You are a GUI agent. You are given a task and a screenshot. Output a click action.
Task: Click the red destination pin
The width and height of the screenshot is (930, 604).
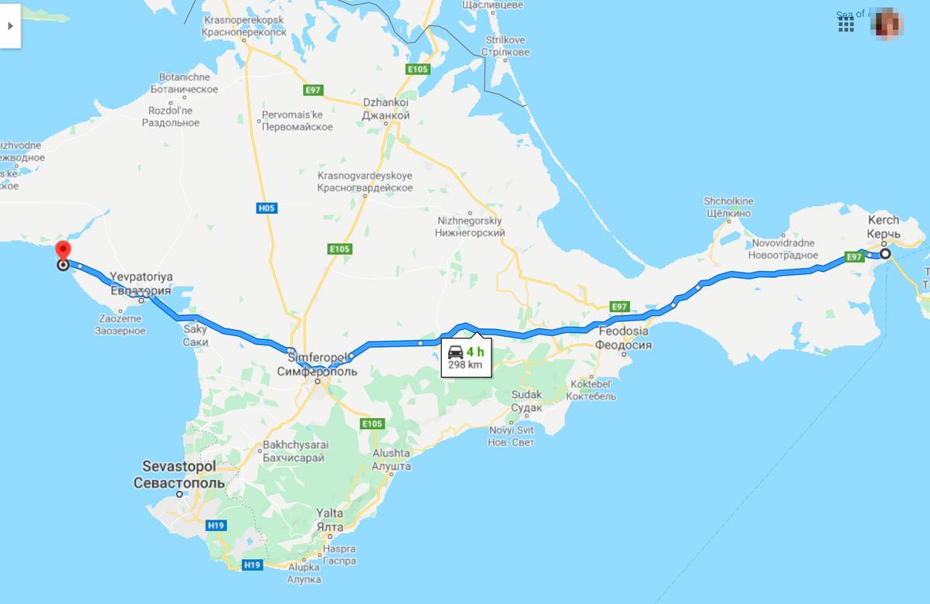[64, 252]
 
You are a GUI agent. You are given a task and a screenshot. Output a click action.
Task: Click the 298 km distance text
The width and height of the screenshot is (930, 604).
[465, 365]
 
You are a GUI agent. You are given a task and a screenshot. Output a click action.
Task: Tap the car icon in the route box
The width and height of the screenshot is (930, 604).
[456, 352]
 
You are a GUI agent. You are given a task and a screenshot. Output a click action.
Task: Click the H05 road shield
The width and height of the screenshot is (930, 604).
[266, 208]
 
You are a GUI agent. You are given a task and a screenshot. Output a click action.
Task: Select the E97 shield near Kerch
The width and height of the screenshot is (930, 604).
[854, 257]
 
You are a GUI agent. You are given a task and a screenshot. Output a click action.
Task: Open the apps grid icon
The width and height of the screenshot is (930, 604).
[846, 24]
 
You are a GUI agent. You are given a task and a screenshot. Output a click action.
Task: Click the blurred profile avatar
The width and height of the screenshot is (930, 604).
[889, 23]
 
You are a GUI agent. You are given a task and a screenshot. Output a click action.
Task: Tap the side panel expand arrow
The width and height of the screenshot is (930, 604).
[10, 25]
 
